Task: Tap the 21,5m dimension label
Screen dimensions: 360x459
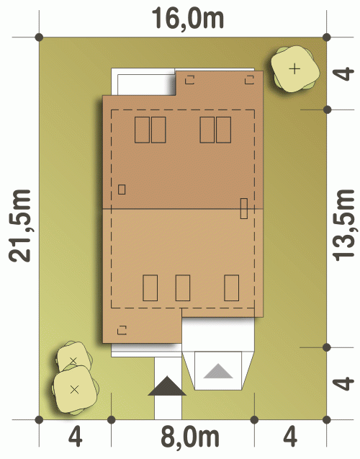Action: pyautogui.click(x=19, y=226)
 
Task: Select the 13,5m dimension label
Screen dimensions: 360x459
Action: pyautogui.click(x=343, y=225)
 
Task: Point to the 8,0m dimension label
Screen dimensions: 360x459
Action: pyautogui.click(x=190, y=437)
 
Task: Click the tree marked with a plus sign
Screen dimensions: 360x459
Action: pyautogui.click(x=294, y=69)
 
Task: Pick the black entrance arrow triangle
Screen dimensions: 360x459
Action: pyautogui.click(x=167, y=386)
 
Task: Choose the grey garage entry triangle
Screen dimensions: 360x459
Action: pyautogui.click(x=218, y=371)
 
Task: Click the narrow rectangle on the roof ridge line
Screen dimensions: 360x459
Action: pyautogui.click(x=243, y=208)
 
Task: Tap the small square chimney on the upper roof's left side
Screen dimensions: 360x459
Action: pyautogui.click(x=122, y=190)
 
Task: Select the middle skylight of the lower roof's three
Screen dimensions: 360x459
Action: pyautogui.click(x=182, y=288)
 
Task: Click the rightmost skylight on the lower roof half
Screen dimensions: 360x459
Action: pyautogui.click(x=231, y=288)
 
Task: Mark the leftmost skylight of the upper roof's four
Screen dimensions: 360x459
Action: pyautogui.click(x=142, y=130)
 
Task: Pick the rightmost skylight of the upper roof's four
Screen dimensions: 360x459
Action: pyautogui.click(x=223, y=130)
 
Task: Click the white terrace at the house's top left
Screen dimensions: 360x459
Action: pyautogui.click(x=143, y=81)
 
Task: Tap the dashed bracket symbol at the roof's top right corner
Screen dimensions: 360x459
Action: pyautogui.click(x=249, y=79)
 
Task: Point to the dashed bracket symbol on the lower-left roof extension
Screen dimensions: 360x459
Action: pyautogui.click(x=122, y=330)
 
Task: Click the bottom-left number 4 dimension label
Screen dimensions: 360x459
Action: pyautogui.click(x=75, y=437)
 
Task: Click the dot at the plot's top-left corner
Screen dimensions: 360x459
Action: pyautogui.click(x=39, y=37)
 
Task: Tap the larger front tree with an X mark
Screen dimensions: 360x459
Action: pyautogui.click(x=75, y=390)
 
